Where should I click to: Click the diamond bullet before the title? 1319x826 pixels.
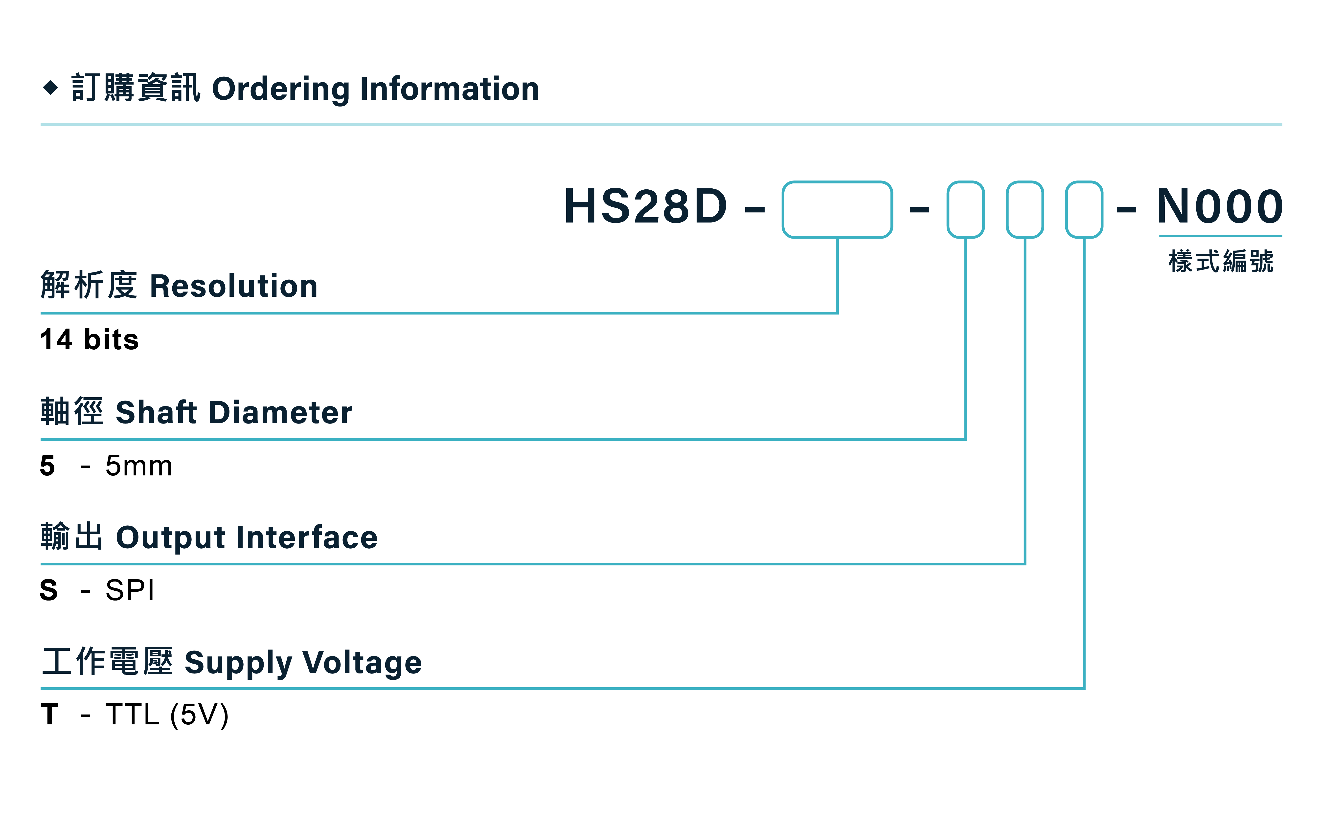pyautogui.click(x=50, y=88)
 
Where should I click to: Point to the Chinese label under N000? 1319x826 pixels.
pyautogui.click(x=1221, y=261)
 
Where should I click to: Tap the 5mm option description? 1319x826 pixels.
pyautogui.click(x=139, y=466)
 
